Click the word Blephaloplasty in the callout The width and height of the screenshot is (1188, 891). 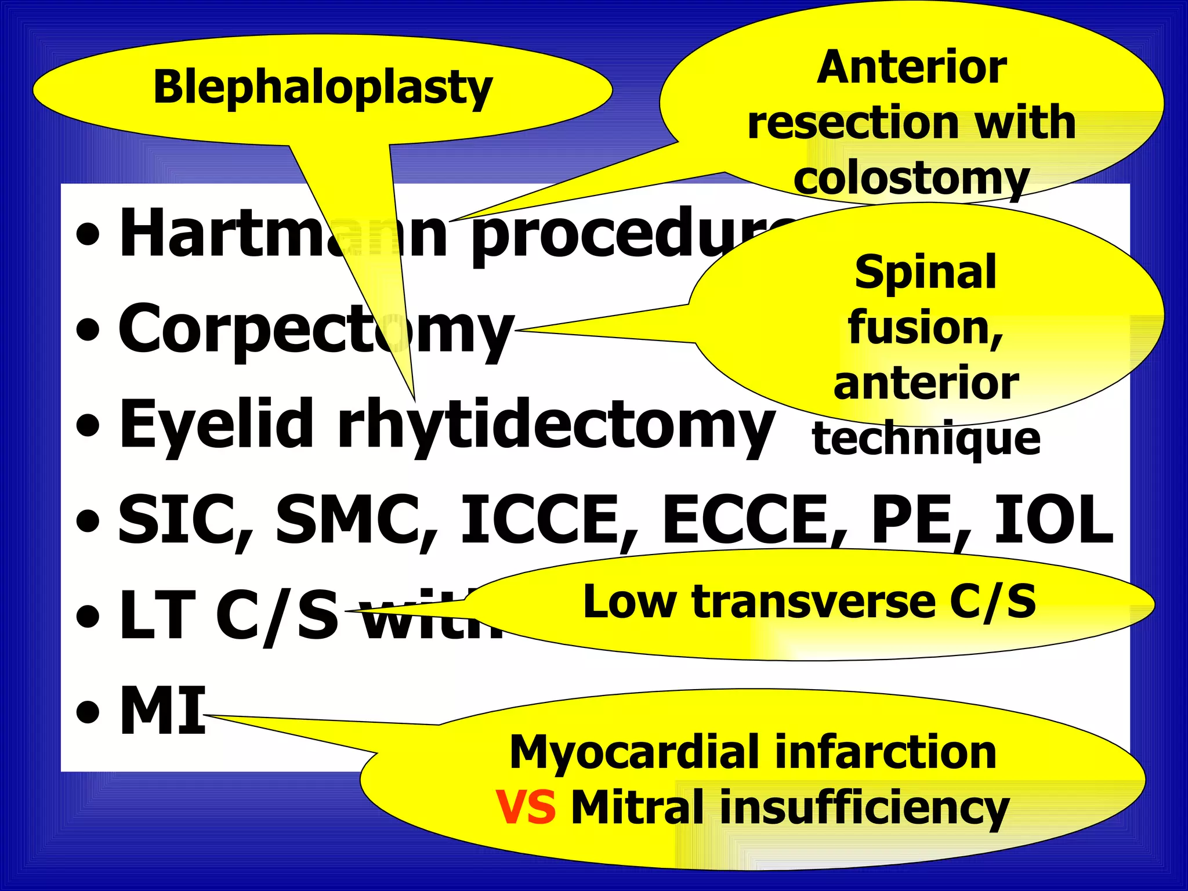pyautogui.click(x=323, y=88)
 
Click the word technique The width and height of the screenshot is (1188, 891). pyautogui.click(x=926, y=439)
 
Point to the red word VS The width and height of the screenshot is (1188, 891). pyautogui.click(x=526, y=807)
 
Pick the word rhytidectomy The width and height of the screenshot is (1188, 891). pyautogui.click(x=556, y=426)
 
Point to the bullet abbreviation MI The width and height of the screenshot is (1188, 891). pyautogui.click(x=162, y=710)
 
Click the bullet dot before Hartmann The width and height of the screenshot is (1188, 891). pyautogui.click(x=88, y=236)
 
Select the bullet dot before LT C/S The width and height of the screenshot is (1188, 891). pyautogui.click(x=88, y=616)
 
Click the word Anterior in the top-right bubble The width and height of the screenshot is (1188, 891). pyautogui.click(x=911, y=68)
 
